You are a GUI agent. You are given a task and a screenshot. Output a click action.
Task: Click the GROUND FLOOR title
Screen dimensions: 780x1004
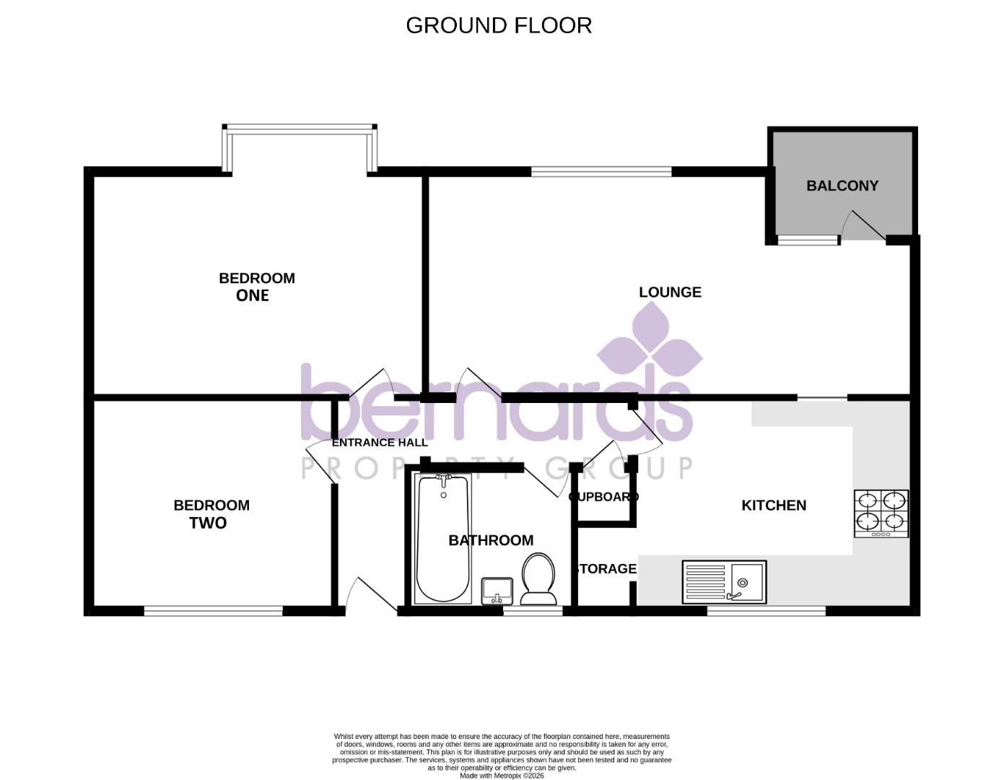[x=499, y=25]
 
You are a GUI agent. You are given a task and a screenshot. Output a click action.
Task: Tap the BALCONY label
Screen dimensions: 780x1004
[x=842, y=186]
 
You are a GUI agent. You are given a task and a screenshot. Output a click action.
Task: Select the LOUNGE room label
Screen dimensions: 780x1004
[x=670, y=292]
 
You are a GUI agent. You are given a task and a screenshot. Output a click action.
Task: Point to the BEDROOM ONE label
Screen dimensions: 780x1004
[x=256, y=287]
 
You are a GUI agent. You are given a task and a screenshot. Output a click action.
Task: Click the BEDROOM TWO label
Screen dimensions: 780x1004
[x=211, y=514]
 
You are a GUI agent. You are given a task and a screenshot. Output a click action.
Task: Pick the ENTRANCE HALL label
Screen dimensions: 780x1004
[x=380, y=443]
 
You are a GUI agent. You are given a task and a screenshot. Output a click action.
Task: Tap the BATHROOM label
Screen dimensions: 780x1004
[x=491, y=540]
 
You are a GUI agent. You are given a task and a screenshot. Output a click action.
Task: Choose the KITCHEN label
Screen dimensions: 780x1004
[x=774, y=506]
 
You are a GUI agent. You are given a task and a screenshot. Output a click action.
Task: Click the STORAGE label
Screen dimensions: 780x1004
[x=605, y=569]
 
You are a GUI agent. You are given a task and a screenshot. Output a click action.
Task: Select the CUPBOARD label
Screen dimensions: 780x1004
[x=603, y=497]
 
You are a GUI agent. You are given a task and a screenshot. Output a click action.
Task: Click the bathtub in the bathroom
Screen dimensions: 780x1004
[x=443, y=539]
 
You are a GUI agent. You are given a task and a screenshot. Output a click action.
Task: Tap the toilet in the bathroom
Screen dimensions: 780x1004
[x=538, y=578]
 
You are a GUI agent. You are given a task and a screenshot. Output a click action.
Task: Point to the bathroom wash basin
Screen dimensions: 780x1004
[x=497, y=590]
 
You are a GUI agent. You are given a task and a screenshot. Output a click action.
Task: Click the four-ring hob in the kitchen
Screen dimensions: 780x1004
[x=881, y=513]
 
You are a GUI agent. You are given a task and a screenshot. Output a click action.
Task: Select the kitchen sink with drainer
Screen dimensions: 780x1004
[x=724, y=582]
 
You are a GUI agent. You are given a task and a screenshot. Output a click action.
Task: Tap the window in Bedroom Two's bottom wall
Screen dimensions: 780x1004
[x=213, y=611]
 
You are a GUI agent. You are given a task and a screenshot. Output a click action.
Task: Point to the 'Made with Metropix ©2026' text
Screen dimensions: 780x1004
[x=502, y=776]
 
